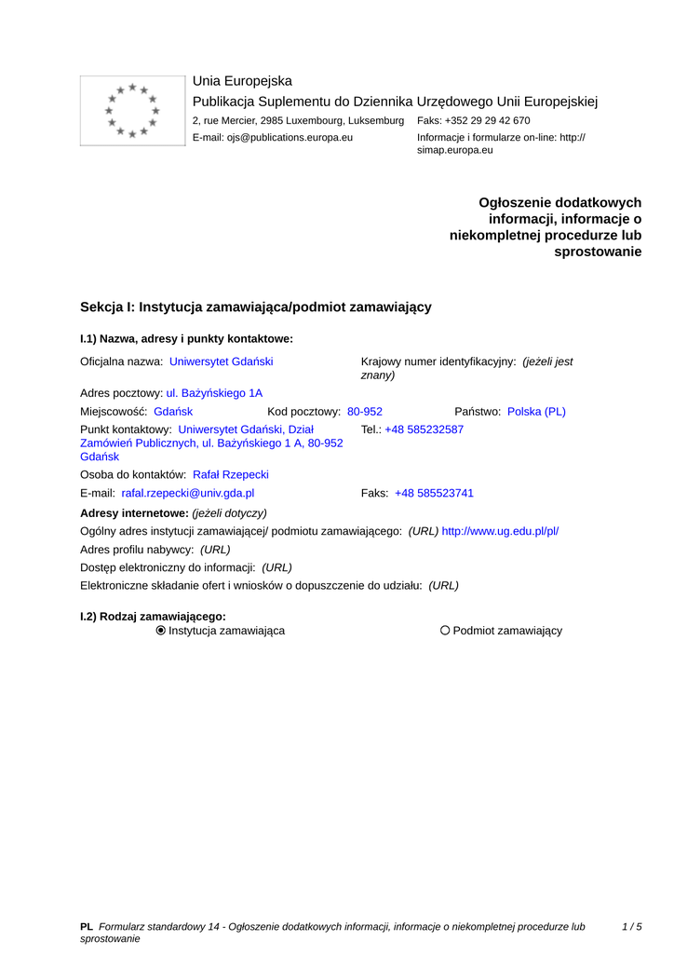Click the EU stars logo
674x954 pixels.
pos(133,111)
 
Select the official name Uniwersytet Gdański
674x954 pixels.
pos(221,361)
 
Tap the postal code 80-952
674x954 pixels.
pos(364,411)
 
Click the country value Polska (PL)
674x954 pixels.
pos(536,411)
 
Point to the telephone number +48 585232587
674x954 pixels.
pos(424,429)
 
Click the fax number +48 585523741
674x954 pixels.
pos(434,493)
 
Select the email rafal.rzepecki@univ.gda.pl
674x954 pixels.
pos(187,493)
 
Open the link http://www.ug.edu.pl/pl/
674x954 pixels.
pos(500,531)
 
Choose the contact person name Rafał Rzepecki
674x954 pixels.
pos(230,474)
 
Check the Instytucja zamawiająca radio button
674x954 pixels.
pos(161,631)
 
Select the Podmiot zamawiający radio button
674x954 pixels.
pos(445,631)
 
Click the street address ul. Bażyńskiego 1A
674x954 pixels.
pos(214,393)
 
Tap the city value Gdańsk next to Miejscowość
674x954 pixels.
pos(173,411)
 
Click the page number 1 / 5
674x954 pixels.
pos(631,926)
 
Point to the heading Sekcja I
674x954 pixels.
pos(255,307)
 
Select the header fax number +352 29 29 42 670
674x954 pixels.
pos(487,120)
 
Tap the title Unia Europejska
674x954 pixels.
pos(242,81)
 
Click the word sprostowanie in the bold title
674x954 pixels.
pos(598,252)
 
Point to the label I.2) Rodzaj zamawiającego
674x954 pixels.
pos(153,616)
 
